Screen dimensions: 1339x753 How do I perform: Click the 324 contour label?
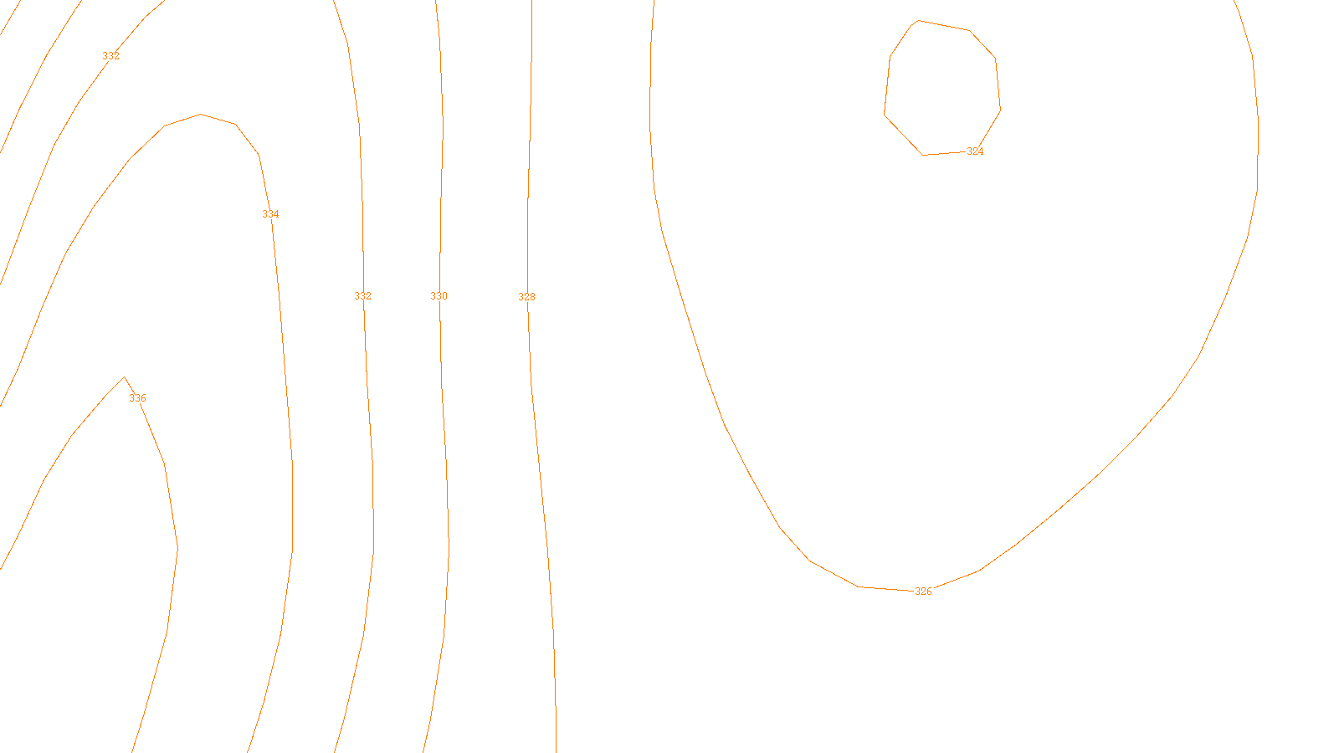coord(975,151)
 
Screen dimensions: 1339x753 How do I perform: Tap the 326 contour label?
coord(922,592)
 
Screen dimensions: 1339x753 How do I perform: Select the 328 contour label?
coord(526,297)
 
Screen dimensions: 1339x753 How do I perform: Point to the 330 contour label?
coord(439,296)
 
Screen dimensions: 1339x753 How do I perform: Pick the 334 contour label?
coord(270,214)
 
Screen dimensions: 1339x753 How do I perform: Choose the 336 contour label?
coord(137,398)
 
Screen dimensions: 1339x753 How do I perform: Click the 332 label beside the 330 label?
coord(362,296)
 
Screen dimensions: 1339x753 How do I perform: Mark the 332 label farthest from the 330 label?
coord(110,56)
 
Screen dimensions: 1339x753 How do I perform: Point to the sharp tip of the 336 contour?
coord(125,378)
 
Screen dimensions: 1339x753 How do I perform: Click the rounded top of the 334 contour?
coord(201,115)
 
